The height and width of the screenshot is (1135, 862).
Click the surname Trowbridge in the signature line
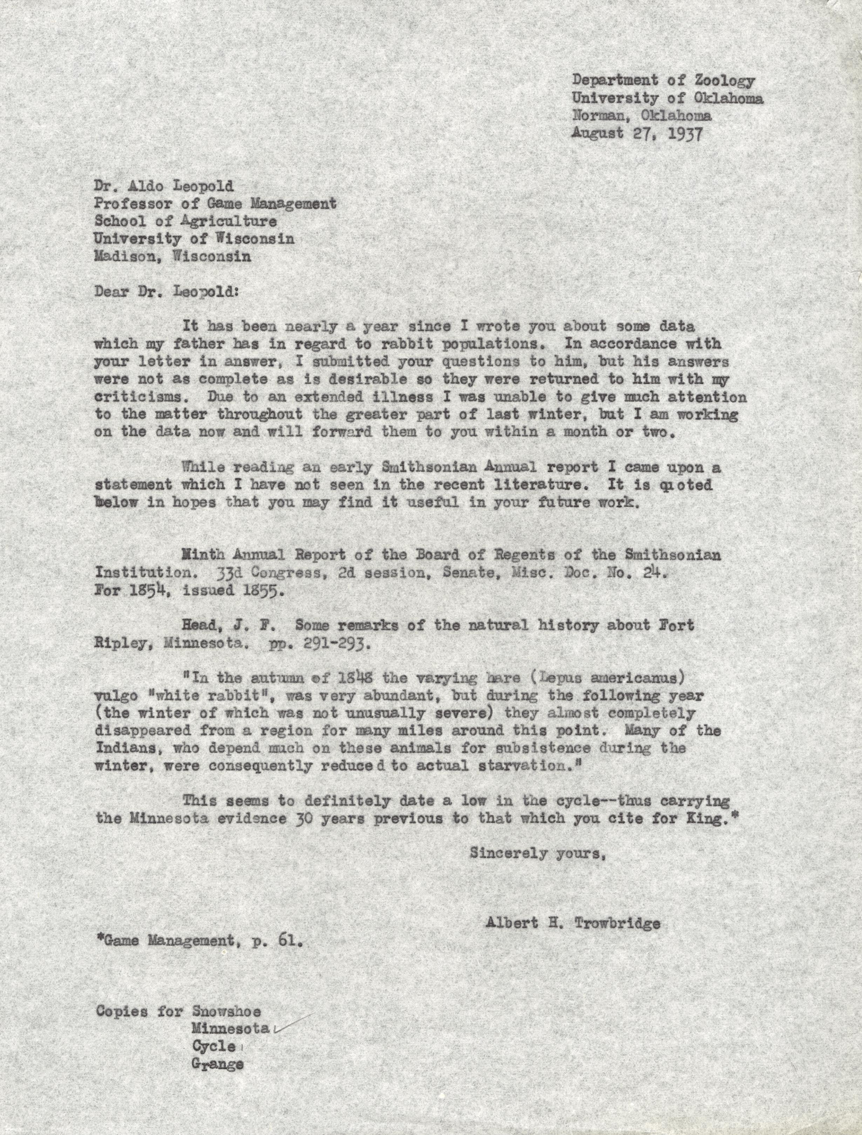click(x=617, y=924)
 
